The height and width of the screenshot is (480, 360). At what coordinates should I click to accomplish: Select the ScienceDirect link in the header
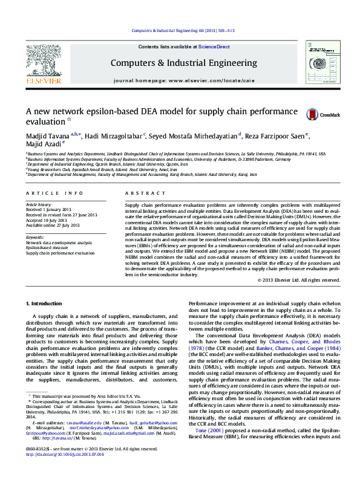[214, 47]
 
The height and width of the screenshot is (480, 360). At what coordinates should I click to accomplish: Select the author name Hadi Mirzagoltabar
[113, 135]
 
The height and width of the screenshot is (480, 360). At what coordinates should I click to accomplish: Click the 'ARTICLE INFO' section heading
[54, 193]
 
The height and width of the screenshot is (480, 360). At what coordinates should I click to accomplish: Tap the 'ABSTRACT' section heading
[140, 193]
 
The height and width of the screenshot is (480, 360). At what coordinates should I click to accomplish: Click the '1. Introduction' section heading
[45, 302]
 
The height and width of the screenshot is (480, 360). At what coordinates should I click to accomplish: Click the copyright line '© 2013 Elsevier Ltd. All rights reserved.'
[298, 281]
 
